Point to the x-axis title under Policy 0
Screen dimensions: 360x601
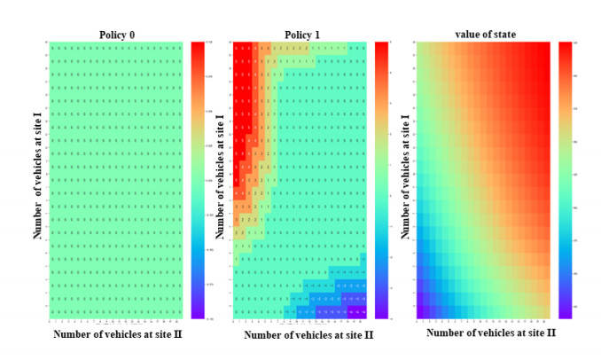pos(119,334)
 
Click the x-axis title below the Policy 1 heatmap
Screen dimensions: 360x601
pos(308,335)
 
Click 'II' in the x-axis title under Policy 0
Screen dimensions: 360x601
pos(179,334)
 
